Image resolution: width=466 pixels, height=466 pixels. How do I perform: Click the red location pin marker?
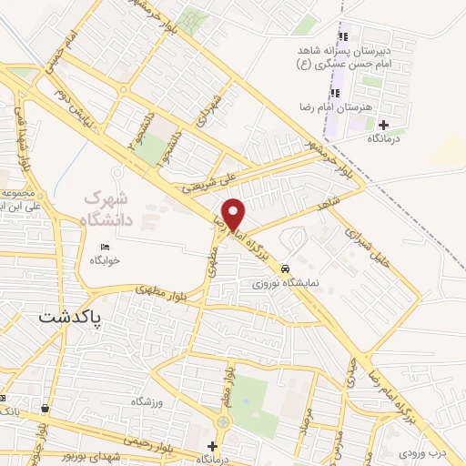pos(235,214)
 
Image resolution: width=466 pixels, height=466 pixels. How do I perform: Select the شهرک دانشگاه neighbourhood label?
pos(107,208)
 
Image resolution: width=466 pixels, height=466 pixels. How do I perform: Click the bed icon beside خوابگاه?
pos(105,248)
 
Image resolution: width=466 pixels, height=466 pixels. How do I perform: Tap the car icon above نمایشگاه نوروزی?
pos(286,269)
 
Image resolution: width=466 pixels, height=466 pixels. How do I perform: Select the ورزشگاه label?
pos(147,401)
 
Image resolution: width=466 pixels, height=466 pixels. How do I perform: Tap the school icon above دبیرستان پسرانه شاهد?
pos(343,36)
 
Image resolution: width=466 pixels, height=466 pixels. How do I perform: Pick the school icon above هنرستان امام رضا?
pos(335,94)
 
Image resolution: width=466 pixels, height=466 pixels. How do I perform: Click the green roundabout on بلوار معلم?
pos(223,422)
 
